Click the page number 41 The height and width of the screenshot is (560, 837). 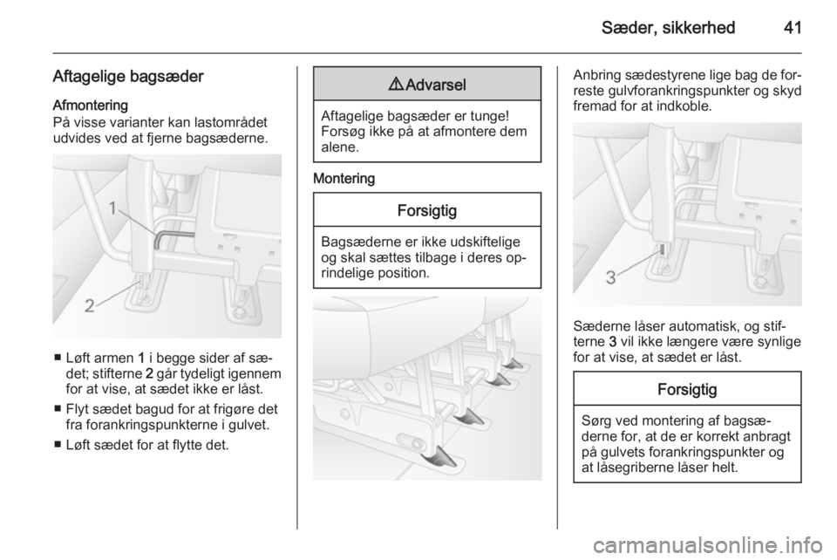point(793,27)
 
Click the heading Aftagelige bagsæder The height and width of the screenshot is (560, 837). point(128,77)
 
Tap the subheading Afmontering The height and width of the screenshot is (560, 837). point(90,105)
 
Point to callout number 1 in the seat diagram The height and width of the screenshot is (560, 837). point(112,208)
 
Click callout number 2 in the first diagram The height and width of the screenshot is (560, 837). point(90,306)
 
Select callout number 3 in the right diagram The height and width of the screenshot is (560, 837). point(610,277)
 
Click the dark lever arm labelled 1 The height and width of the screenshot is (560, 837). point(173,236)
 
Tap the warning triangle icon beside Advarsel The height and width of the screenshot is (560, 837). point(396,85)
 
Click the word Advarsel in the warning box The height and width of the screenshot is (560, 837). point(436,85)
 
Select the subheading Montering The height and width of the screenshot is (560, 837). point(344,178)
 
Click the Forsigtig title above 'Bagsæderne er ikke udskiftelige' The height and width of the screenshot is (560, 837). point(427,210)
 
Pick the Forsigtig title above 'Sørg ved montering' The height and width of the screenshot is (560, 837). point(687,389)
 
